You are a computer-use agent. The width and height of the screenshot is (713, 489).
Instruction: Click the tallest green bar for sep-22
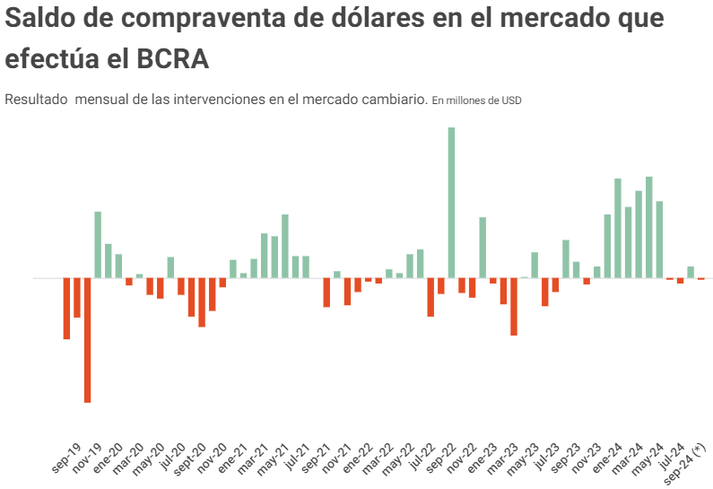point(451,202)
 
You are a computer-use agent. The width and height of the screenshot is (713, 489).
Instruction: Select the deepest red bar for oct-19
point(88,340)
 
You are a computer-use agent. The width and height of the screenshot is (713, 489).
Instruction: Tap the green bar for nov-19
point(98,244)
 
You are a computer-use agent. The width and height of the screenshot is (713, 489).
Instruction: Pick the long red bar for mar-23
point(514,307)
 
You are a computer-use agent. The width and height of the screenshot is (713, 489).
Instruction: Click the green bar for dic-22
point(483,248)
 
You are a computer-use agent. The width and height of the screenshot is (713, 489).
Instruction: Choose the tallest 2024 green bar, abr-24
point(649,227)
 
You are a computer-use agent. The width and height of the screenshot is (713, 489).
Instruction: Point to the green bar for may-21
point(285,246)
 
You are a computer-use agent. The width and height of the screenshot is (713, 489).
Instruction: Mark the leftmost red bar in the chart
point(66,309)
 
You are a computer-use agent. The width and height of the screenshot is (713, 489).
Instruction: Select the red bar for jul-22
point(430,297)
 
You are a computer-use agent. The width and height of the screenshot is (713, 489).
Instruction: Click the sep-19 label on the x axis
point(67,458)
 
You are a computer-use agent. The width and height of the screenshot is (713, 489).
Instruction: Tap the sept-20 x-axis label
point(191,458)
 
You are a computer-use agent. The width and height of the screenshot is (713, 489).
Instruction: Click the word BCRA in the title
point(173,59)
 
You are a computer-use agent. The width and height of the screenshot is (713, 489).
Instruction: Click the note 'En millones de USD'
point(476,100)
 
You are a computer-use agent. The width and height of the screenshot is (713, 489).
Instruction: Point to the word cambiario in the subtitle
point(394,100)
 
